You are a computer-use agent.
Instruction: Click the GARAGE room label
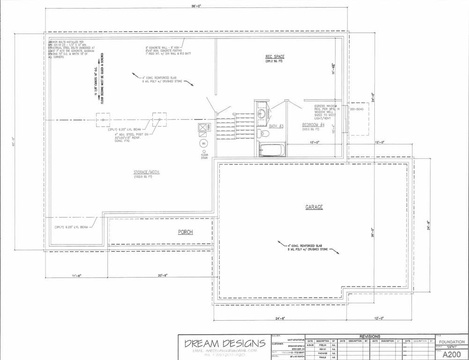tap(314, 207)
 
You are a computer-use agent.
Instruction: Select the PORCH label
tap(185, 232)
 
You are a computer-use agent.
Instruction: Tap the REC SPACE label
tap(275, 57)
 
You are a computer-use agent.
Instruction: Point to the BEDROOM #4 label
tap(313, 125)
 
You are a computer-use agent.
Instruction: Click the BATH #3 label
tap(276, 126)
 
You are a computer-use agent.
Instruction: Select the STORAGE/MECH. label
tap(147, 172)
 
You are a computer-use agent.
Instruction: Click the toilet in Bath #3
tap(264, 134)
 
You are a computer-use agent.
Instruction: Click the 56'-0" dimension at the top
tap(196, 6)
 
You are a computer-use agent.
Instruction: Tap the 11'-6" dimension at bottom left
tap(76, 275)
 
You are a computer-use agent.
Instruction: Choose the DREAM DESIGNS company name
tap(225, 344)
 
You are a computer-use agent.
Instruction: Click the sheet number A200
tap(451, 354)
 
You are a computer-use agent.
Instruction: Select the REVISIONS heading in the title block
tap(370, 337)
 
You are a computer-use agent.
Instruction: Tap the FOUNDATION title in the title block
tap(452, 342)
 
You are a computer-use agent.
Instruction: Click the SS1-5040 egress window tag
tap(357, 109)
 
